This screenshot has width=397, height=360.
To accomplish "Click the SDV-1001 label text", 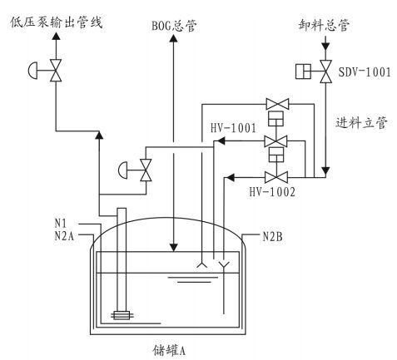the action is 365,72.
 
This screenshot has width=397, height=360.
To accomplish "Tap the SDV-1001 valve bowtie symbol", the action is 325,72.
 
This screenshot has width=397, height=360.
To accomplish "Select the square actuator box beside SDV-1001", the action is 303,72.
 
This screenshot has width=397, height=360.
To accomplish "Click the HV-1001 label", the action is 233,128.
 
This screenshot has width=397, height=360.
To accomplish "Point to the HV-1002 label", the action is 272,192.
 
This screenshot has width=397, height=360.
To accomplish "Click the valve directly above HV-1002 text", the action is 276,177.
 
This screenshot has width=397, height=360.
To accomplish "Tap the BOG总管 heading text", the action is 174,26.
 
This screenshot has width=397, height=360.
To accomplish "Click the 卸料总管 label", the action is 324,25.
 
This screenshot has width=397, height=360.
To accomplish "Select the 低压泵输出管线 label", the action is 57,22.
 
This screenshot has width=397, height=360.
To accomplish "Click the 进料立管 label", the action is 361,122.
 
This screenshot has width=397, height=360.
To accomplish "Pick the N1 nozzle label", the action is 61,223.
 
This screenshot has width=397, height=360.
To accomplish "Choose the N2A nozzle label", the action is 64,236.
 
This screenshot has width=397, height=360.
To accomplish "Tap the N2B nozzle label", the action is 272,236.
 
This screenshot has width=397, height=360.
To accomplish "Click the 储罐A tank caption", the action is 169,350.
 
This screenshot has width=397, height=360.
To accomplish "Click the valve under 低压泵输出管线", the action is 56,71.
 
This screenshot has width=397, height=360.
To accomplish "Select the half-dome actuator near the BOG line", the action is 122,170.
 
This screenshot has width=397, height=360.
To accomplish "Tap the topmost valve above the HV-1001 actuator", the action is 277,104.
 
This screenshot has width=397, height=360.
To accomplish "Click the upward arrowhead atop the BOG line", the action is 174,37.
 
